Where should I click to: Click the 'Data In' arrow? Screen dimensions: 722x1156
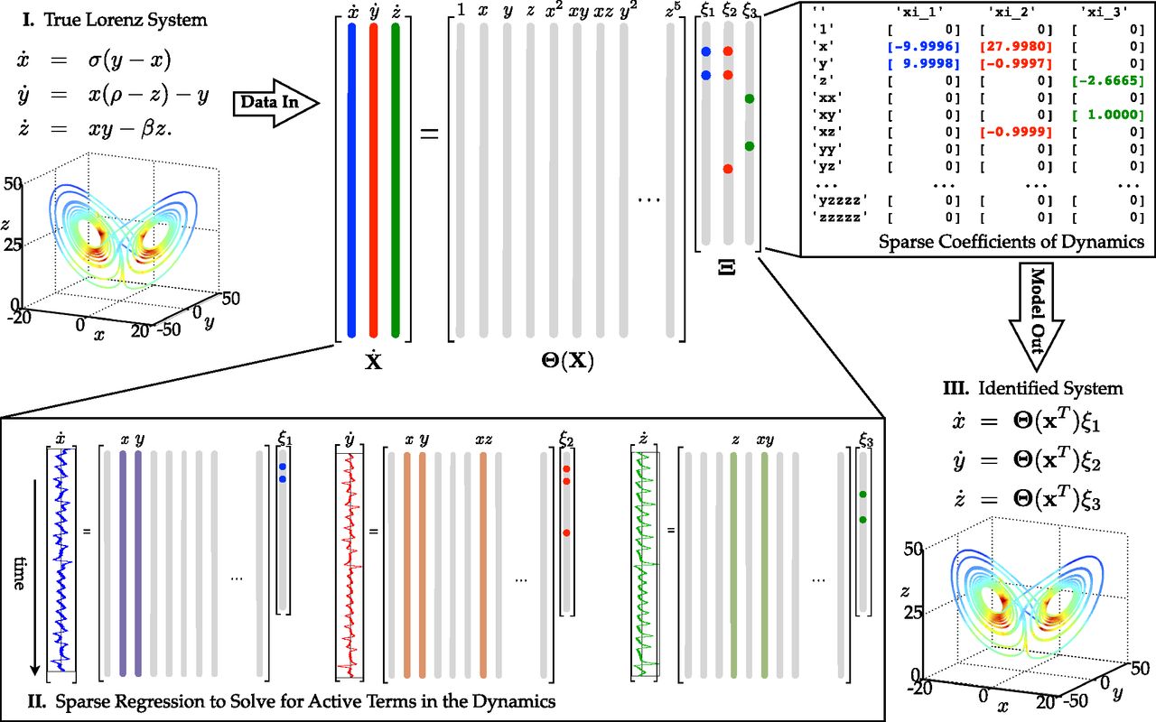point(275,103)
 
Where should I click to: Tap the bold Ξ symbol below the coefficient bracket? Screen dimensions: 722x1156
point(728,265)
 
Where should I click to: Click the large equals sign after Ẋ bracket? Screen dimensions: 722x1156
point(429,136)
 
